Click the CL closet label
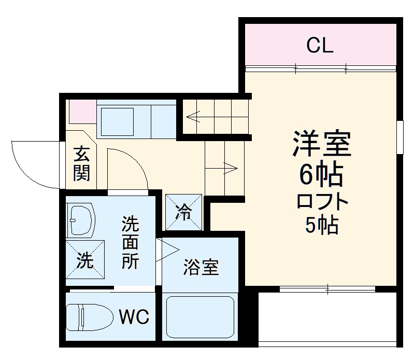[x=319, y=46]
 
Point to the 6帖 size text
[x=320, y=176]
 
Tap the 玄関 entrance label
[x=82, y=163]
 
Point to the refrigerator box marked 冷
[x=183, y=212]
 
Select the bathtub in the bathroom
[x=199, y=318]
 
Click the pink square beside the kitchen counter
[x=82, y=110]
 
